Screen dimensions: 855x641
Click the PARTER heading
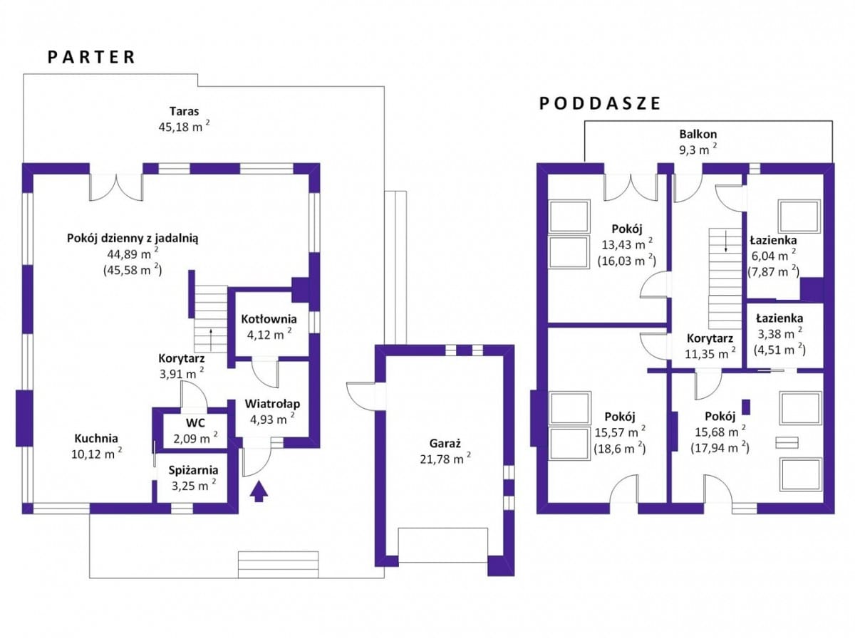[90, 57]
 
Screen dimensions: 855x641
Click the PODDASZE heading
[600, 103]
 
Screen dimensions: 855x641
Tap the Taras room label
[184, 111]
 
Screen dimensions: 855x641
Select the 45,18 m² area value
[184, 127]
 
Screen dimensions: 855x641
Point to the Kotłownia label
[269, 319]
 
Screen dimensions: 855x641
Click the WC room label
[195, 422]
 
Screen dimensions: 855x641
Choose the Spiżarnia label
[193, 470]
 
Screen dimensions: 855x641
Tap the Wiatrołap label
[272, 404]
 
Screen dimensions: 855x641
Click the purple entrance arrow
[259, 491]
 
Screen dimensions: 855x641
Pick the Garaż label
[445, 443]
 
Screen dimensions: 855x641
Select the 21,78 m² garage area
[445, 459]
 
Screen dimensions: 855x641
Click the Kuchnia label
[96, 438]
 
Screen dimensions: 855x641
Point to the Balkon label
[698, 135]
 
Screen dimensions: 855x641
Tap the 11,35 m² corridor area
[710, 354]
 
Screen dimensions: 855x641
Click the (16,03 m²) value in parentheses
[627, 261]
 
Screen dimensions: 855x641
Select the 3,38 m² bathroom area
[779, 334]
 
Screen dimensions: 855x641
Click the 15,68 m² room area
[720, 432]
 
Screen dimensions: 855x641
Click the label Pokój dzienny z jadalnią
[133, 239]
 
